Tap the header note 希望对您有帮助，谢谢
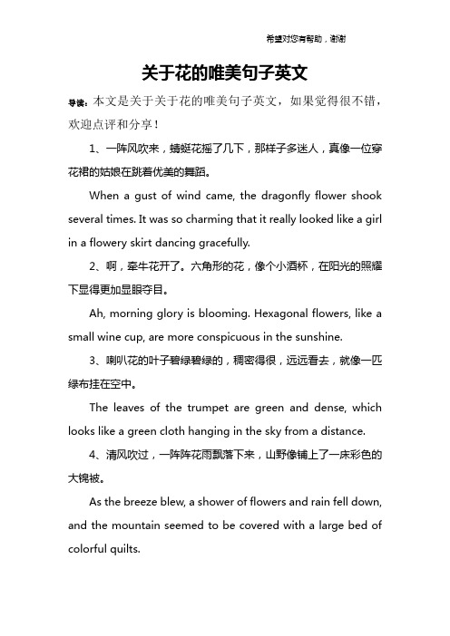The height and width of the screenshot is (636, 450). pos(304,38)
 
